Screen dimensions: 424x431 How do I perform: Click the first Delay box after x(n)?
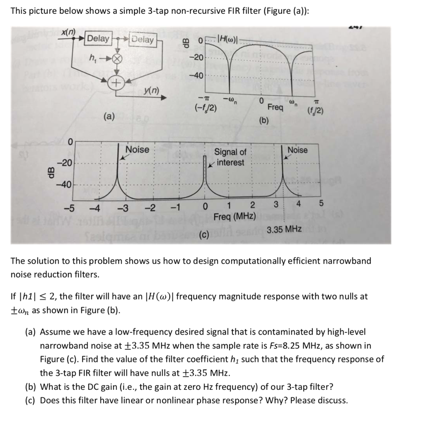(98, 39)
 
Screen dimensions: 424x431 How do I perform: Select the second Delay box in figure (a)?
(143, 40)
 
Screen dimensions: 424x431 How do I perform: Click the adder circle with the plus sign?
(114, 82)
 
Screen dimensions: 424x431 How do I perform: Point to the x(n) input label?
(68, 33)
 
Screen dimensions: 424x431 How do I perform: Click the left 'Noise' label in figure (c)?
(137, 149)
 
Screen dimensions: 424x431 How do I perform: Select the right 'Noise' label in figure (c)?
(297, 150)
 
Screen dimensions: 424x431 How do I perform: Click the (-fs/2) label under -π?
(205, 107)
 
